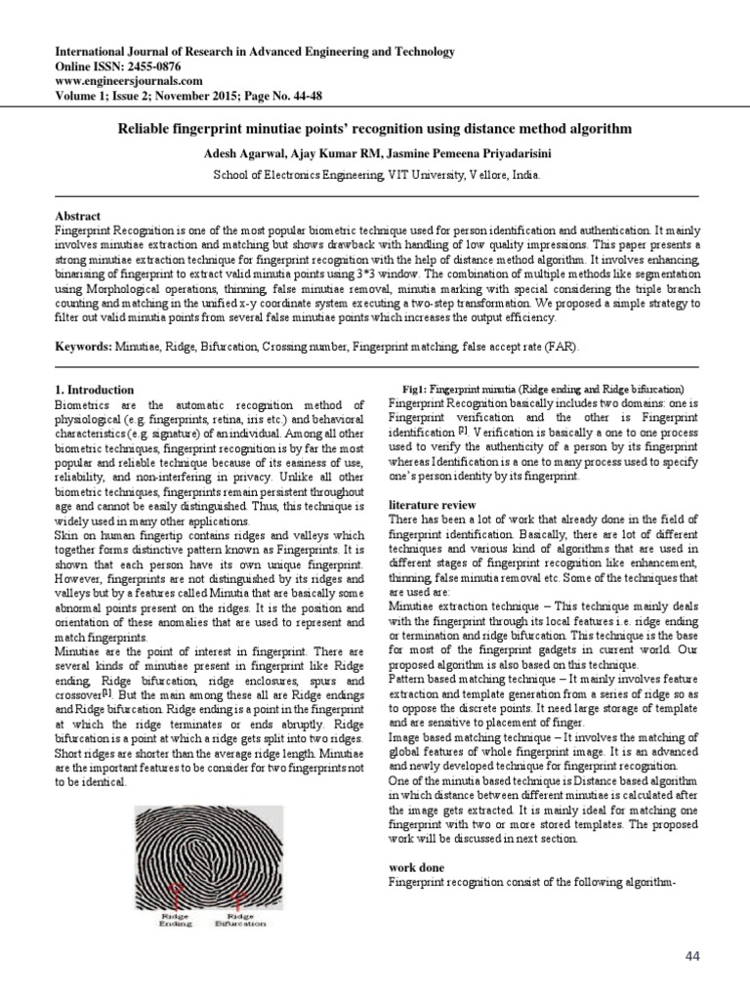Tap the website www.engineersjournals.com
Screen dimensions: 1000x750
click(x=128, y=81)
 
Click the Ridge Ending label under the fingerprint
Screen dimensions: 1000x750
click(x=175, y=920)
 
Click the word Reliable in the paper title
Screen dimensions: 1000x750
click(x=146, y=129)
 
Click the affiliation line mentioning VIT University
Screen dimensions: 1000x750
click(x=376, y=175)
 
